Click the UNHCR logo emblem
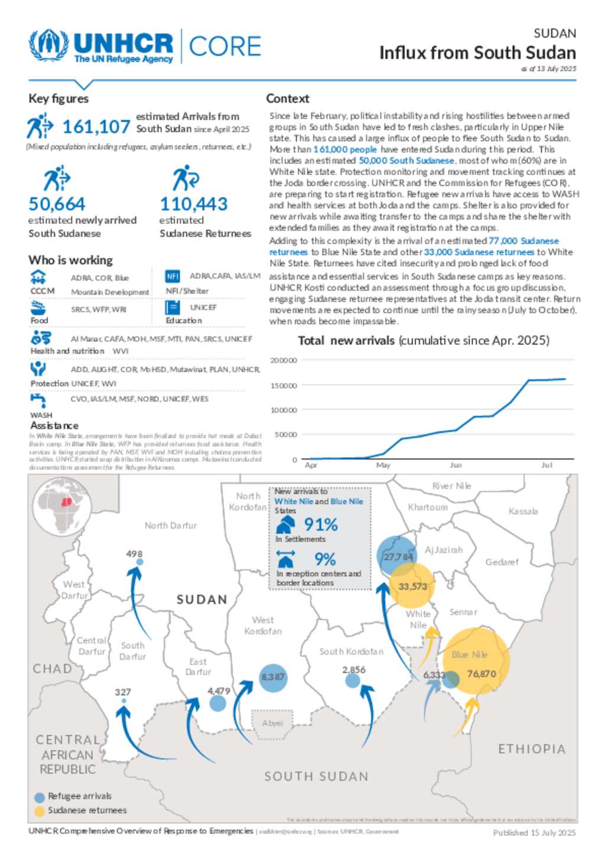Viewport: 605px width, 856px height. pyautogui.click(x=48, y=45)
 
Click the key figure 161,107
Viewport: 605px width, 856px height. pyautogui.click(x=96, y=127)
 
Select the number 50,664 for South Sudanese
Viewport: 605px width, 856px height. pyautogui.click(x=57, y=204)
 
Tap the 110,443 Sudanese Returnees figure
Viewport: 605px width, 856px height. pyautogui.click(x=194, y=204)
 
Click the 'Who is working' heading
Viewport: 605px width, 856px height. pyautogui.click(x=70, y=260)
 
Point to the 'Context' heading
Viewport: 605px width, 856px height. pyautogui.click(x=287, y=99)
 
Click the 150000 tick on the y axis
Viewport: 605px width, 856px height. pyautogui.click(x=284, y=385)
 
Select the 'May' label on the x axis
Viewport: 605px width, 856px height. pyautogui.click(x=383, y=465)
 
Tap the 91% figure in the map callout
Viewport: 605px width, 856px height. pyautogui.click(x=321, y=525)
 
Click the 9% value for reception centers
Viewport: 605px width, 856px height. pyautogui.click(x=325, y=559)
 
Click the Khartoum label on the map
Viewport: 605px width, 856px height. pyautogui.click(x=428, y=507)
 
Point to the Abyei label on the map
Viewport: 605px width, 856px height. pyautogui.click(x=272, y=722)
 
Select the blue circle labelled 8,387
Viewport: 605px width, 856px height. pyautogui.click(x=272, y=677)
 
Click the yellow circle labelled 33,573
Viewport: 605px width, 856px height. pyautogui.click(x=412, y=586)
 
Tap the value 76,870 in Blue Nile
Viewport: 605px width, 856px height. pyautogui.click(x=481, y=673)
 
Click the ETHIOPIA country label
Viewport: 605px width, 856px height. pyautogui.click(x=532, y=749)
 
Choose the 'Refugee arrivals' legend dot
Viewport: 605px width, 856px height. pyautogui.click(x=40, y=797)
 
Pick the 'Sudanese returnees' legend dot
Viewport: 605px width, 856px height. pyautogui.click(x=40, y=811)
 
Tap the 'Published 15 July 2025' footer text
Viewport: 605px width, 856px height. pyautogui.click(x=534, y=832)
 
